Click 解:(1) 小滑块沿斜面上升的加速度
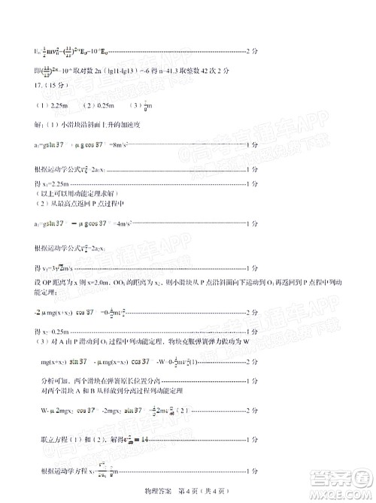pyautogui.click(x=86, y=123)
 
